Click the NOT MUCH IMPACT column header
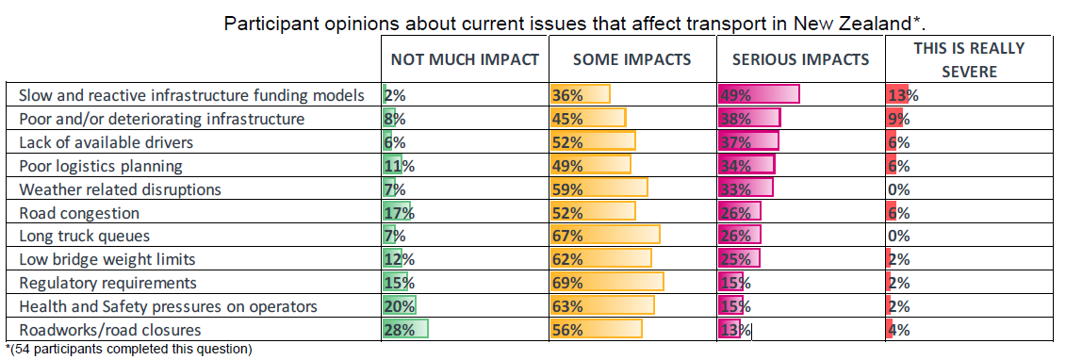465,59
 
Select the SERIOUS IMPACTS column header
801,59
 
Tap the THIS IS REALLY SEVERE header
970,59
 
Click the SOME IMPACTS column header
632,59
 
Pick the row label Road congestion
79,213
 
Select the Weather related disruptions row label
120,188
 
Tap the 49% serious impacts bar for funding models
759,95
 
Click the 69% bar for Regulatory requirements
607,283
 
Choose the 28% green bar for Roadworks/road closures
405,330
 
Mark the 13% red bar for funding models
897,95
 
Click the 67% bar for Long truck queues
605,236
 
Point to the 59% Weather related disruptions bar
599,188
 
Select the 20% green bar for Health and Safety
399,306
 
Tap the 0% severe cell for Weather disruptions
899,188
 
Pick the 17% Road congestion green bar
397,213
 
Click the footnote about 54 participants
128,350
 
